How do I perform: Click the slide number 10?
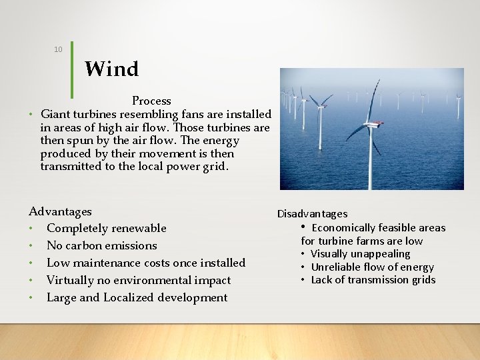pos(58,49)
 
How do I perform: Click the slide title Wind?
pos(111,69)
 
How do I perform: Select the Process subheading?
pos(151,101)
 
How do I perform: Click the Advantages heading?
pos(60,211)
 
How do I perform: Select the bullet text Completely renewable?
pos(106,228)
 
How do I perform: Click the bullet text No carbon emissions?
pos(101,245)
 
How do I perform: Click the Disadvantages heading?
pos(312,213)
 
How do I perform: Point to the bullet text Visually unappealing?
pos(360,254)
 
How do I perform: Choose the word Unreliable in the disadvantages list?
pos(337,267)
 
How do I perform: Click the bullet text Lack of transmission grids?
pos(373,280)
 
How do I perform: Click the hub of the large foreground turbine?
pos(370,123)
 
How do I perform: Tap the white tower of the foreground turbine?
pos(370,160)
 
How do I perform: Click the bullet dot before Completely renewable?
pos(31,229)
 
